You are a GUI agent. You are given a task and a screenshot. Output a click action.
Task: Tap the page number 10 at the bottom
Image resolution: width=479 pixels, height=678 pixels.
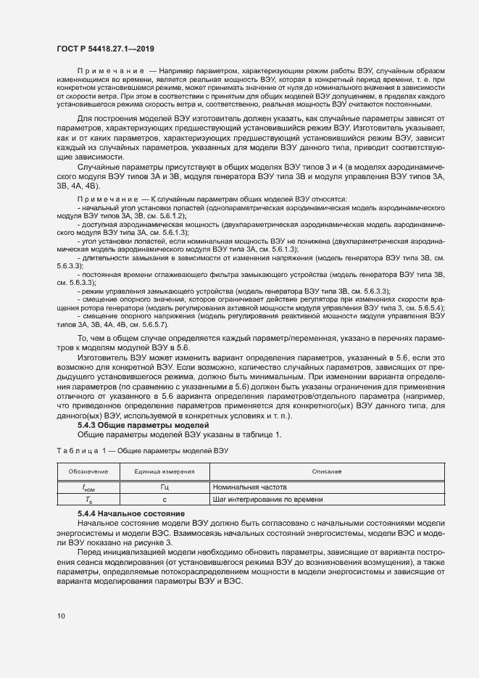[61, 616]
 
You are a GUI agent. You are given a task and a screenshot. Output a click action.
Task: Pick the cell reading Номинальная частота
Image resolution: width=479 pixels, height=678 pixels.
[250, 487]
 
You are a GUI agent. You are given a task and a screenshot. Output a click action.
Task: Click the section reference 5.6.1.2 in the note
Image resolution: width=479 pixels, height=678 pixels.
[172, 216]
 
